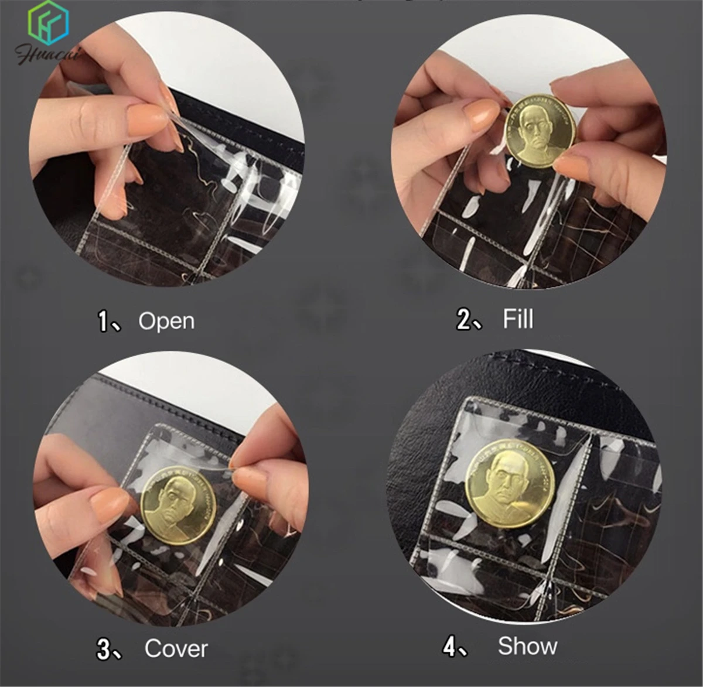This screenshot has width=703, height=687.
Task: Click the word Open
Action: coord(166,321)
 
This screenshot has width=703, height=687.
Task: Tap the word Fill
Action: coord(517,319)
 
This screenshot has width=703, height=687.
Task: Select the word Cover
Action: coord(176,648)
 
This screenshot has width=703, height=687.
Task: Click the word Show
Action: coord(527,646)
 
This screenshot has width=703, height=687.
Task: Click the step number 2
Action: coord(463,320)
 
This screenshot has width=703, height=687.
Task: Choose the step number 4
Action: coord(449,647)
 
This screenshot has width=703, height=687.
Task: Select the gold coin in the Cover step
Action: coord(178,505)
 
